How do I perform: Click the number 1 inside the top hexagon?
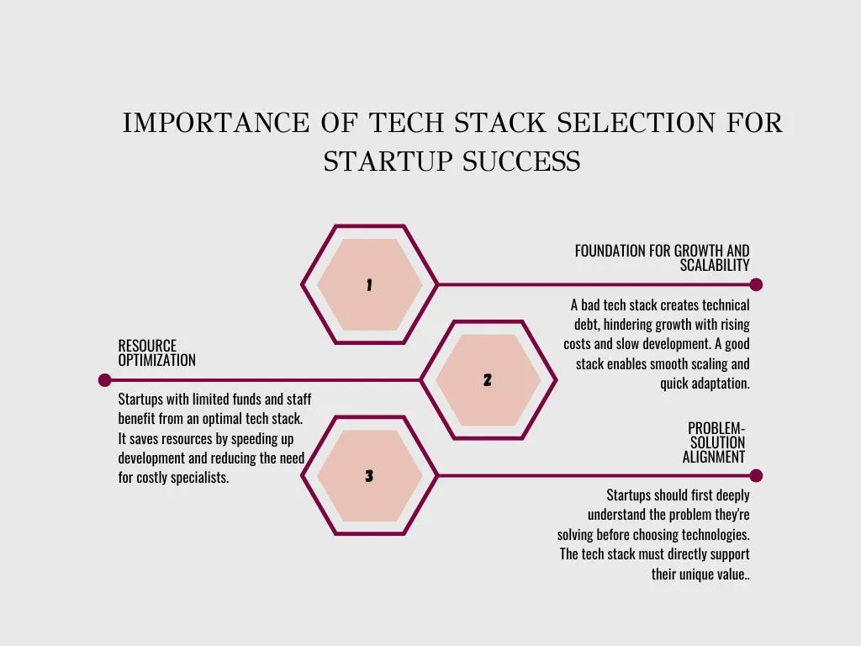coord(369,285)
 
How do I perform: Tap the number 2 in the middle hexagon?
coord(488,380)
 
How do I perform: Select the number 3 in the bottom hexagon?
coord(369,476)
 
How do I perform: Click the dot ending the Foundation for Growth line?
coord(756,284)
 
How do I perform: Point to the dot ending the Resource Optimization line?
coord(104,380)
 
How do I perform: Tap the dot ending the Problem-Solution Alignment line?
coord(756,475)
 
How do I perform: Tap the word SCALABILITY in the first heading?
coord(715,265)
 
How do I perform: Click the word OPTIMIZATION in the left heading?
coord(156,360)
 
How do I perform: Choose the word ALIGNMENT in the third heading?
coord(714,458)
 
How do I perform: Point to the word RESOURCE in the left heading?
coord(147,346)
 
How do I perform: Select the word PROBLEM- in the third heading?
coord(716,428)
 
